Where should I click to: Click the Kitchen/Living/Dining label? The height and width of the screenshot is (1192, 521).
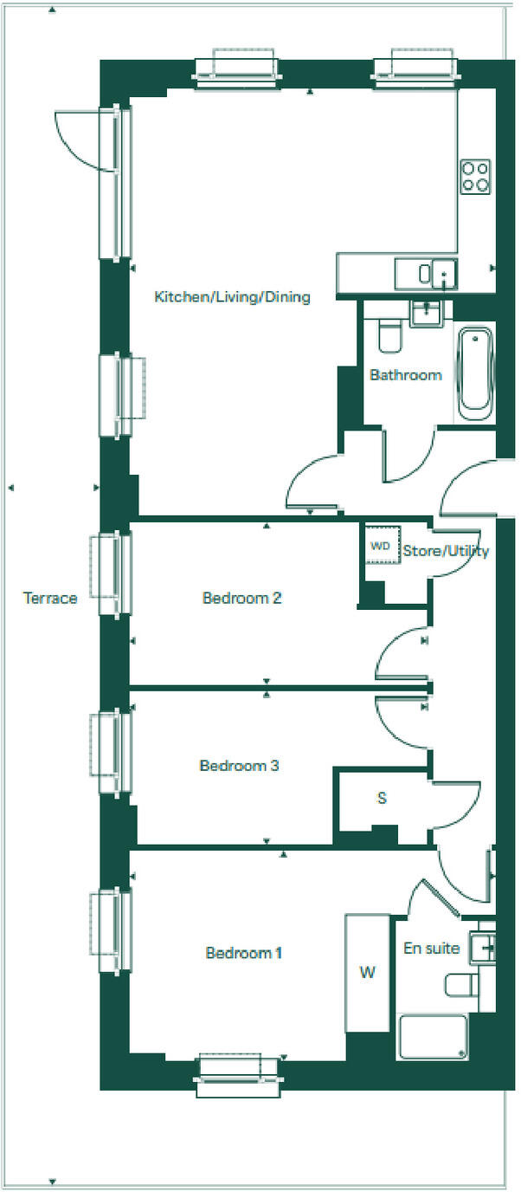[232, 297]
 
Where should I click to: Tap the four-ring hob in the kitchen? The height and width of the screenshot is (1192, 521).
[475, 176]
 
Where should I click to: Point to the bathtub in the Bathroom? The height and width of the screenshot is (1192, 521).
[474, 372]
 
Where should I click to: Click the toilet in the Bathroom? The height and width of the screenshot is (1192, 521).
[389, 336]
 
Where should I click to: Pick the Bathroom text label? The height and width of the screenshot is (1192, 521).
[406, 375]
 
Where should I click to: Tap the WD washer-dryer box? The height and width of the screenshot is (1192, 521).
[380, 546]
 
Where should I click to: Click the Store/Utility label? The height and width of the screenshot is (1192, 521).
[446, 551]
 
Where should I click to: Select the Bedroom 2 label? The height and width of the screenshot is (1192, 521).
[242, 598]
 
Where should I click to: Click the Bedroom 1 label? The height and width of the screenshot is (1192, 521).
[244, 953]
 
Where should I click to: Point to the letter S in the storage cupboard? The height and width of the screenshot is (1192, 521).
[382, 798]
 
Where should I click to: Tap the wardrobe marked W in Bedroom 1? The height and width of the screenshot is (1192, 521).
[368, 973]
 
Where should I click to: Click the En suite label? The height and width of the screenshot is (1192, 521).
[431, 948]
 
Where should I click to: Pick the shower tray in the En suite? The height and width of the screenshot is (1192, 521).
[433, 1036]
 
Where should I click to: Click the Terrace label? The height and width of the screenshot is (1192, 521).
[50, 598]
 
